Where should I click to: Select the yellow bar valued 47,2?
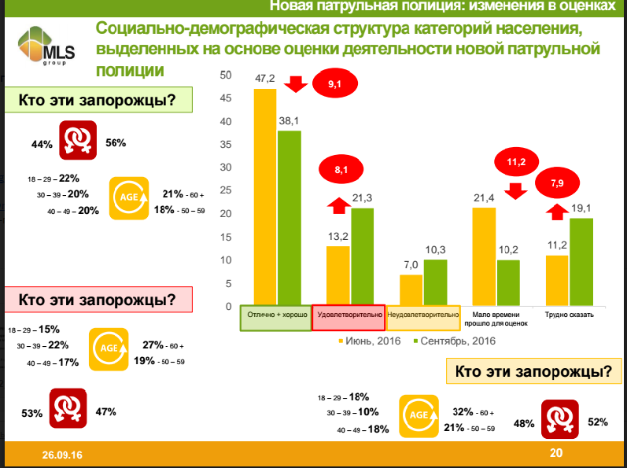pyautogui.click(x=265, y=197)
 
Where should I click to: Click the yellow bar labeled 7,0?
pyautogui.click(x=411, y=290)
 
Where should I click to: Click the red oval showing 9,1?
pyautogui.click(x=335, y=83)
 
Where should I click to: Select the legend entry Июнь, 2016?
pyautogui.click(x=369, y=341)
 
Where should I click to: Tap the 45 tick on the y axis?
pyautogui.click(x=227, y=98)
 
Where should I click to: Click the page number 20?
pyautogui.click(x=556, y=453)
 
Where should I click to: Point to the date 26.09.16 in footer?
pyautogui.click(x=62, y=455)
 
